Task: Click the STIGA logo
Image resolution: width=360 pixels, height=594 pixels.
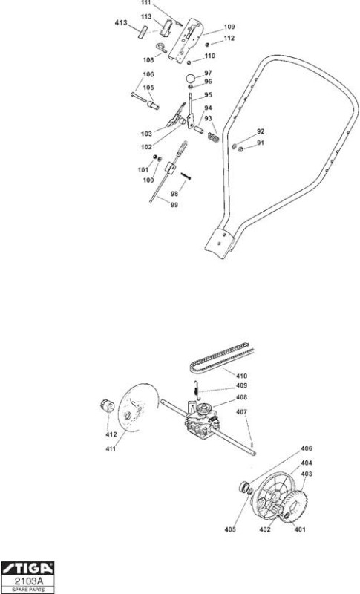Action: coord(28,568)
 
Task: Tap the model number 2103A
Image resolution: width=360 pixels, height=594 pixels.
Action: coord(28,581)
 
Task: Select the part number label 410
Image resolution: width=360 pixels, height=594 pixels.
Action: coord(241,376)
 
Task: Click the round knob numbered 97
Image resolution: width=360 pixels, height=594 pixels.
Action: coord(192,79)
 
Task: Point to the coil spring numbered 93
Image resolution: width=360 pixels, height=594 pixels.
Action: coord(214,135)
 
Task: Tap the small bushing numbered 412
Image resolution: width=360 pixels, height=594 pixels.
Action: coord(108,406)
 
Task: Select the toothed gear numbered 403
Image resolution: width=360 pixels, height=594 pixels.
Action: coord(295,505)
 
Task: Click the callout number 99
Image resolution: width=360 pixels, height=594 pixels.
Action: coord(174,205)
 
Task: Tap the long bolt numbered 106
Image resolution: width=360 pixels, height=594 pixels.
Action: coord(139,97)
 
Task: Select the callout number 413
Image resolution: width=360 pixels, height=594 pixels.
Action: coord(121,22)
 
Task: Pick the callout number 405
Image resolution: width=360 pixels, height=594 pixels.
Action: coord(229,529)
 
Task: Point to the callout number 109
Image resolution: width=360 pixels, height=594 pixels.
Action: coord(229,27)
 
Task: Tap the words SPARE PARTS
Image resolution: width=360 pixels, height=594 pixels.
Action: coord(28,590)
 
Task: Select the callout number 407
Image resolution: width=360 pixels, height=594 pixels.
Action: coord(241,411)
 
